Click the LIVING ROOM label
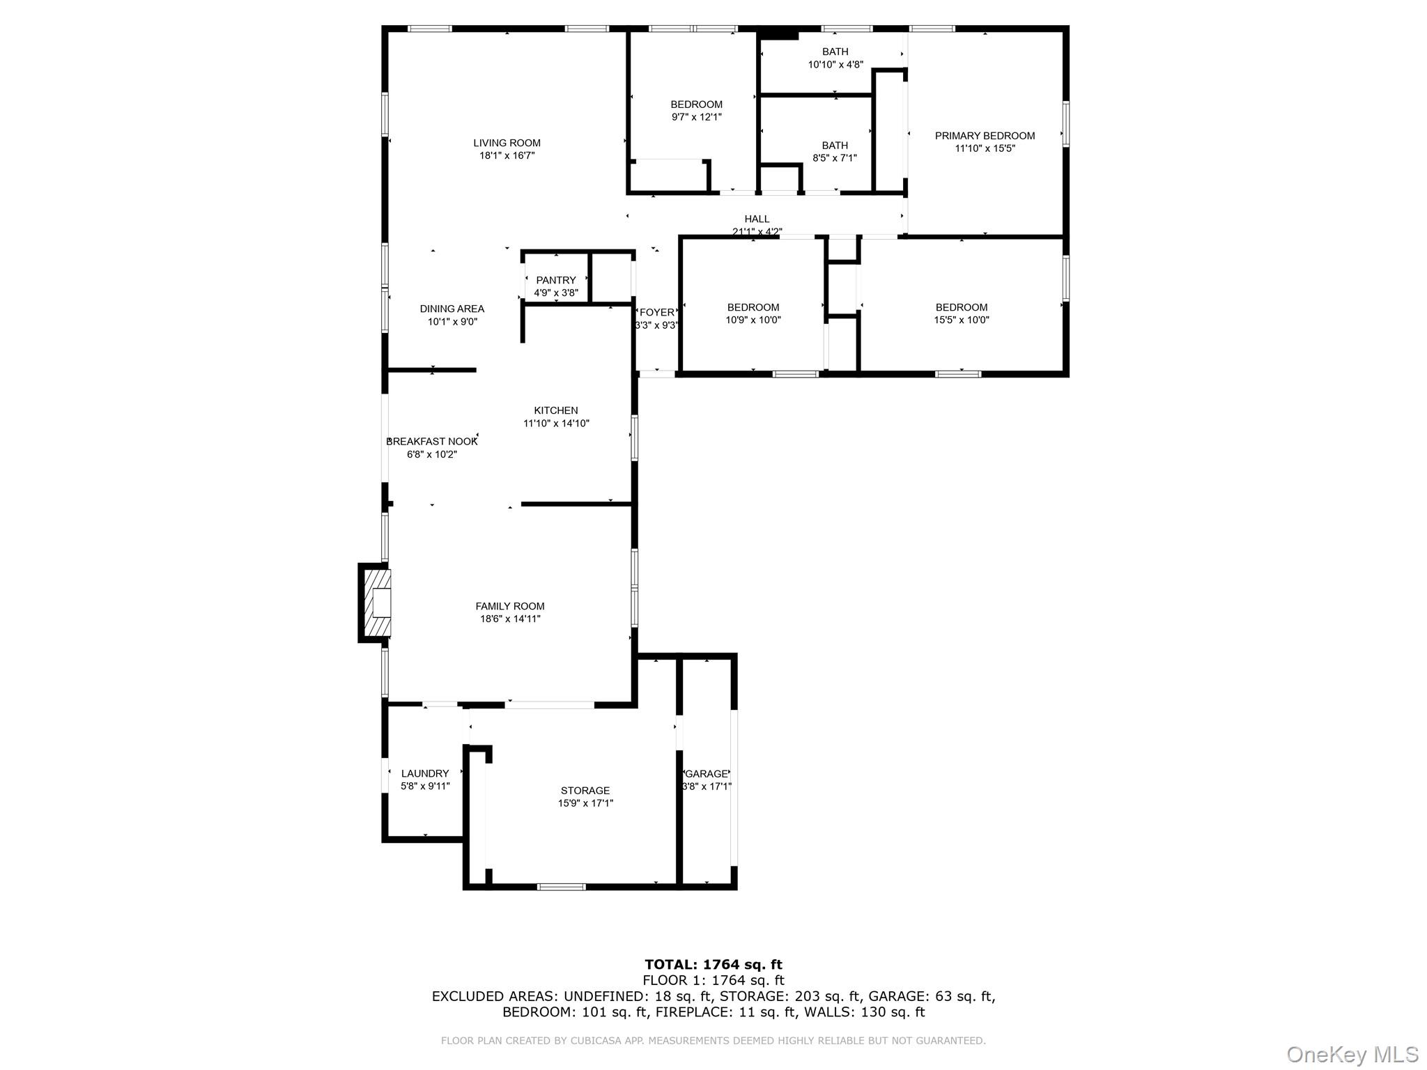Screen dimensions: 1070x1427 coord(507,144)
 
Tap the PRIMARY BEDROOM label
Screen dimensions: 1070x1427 coord(985,136)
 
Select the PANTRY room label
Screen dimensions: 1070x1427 coord(555,281)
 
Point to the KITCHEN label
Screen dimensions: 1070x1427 coord(555,411)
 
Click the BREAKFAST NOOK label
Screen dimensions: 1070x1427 coord(432,442)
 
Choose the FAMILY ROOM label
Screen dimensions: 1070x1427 coord(509,607)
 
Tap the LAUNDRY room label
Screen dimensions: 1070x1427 coord(425,773)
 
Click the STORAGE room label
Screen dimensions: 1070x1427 coord(585,791)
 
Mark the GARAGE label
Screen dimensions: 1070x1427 coord(707,774)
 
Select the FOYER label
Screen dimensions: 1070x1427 coord(656,313)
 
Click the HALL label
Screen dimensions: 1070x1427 coord(757,219)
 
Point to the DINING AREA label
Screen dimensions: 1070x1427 coord(452,309)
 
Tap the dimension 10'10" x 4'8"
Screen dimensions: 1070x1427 coord(835,65)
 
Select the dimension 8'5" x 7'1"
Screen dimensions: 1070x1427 coord(835,158)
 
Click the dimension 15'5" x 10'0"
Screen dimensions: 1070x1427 coord(962,320)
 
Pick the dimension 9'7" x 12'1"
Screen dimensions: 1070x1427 coord(696,117)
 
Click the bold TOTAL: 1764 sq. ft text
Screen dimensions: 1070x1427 coord(713,965)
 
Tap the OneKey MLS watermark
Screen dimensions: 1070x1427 coord(1352,1055)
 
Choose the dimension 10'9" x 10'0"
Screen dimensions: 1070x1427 coord(753,320)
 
